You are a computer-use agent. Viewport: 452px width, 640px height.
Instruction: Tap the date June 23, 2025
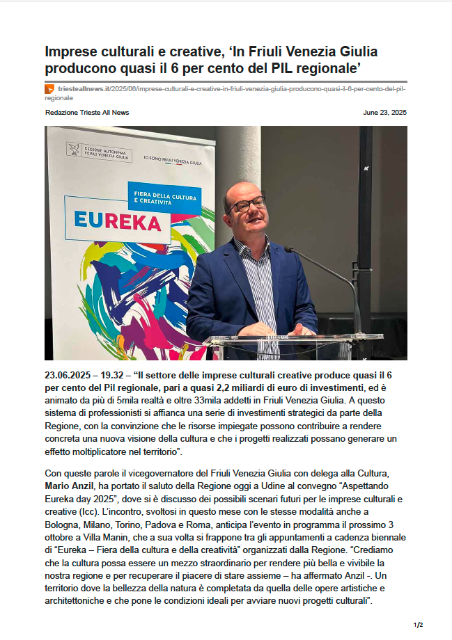(x=385, y=113)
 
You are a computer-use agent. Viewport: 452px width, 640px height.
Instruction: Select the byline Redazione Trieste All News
(x=87, y=113)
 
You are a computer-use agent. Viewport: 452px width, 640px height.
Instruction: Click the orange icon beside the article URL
(x=49, y=90)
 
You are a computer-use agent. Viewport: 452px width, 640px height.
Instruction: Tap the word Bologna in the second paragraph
(x=63, y=525)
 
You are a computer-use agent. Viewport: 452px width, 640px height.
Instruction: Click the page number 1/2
(x=418, y=625)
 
